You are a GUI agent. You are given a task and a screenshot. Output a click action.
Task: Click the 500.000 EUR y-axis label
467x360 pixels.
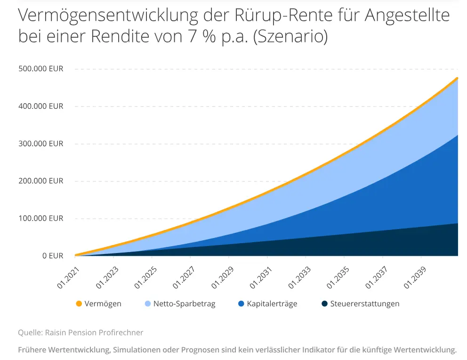click(40, 69)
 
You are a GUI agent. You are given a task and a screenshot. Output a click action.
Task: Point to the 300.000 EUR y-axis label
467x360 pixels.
click(40, 144)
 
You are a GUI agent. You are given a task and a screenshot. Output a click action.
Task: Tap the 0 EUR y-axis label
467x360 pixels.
click(52, 256)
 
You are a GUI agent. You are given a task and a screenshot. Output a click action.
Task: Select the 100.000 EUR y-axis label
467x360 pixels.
click(40, 219)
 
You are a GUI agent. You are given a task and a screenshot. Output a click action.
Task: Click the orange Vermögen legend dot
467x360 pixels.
click(79, 304)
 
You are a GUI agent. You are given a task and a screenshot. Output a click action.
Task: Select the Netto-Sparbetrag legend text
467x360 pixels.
click(184, 304)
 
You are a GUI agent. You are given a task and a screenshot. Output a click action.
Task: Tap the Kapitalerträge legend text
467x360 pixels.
click(272, 304)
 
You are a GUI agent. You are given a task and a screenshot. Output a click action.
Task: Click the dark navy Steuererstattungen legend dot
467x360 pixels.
click(324, 304)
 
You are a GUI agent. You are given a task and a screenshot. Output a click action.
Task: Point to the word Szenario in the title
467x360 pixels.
click(290, 37)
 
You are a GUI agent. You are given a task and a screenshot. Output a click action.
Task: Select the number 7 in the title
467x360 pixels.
click(180, 37)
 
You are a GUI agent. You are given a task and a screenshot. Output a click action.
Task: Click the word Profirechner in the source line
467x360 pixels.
click(121, 333)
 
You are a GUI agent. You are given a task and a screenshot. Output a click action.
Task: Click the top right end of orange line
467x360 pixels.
click(457, 78)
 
